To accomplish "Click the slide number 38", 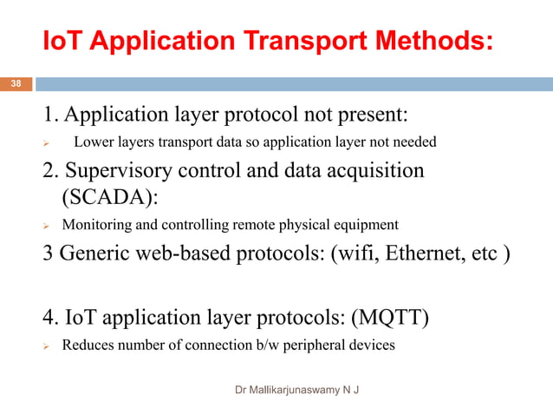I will coord(16,84).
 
